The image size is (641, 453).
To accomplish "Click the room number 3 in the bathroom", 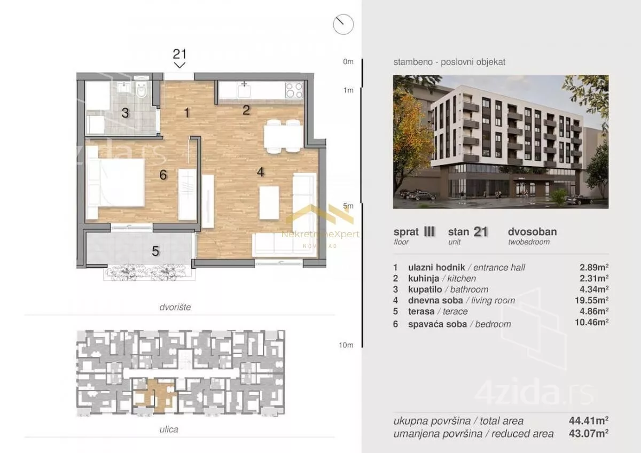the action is [125, 113].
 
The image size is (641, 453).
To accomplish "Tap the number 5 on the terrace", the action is [155, 251].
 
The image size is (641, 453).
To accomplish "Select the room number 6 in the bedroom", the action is [163, 175].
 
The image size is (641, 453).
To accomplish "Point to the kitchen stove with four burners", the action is [294, 90].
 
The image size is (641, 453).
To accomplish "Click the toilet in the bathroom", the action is [142, 89].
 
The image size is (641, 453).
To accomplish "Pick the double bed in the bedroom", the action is [115, 182].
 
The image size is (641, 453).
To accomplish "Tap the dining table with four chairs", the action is [283, 136].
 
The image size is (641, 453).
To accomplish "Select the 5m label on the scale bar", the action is [348, 206].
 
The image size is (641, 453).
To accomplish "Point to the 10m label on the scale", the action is [346, 345].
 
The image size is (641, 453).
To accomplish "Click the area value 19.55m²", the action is [591, 300].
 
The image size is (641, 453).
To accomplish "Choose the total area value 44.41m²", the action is [589, 420].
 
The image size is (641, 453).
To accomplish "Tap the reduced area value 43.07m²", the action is [589, 434].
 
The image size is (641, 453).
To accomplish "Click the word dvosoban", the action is [532, 232].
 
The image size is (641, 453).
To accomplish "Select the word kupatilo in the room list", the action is [425, 290].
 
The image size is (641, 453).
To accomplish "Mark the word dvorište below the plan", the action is [175, 307].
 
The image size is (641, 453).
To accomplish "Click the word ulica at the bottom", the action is [169, 429].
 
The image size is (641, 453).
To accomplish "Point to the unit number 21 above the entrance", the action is [179, 54].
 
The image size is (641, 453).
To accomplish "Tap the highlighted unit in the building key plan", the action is [155, 396].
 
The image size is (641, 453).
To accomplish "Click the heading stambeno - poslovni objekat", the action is [449, 62].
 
